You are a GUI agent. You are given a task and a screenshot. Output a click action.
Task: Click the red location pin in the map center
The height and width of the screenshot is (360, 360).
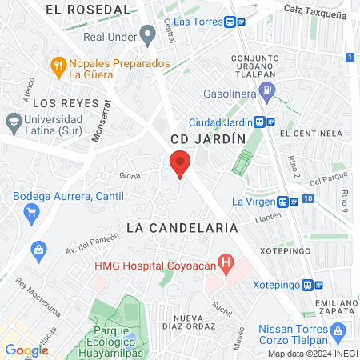click(180, 165)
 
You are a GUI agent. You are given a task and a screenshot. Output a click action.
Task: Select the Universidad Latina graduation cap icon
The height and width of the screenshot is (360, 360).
click(13, 122)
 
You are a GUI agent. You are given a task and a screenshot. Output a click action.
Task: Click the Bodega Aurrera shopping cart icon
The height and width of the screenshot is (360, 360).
click(32, 212)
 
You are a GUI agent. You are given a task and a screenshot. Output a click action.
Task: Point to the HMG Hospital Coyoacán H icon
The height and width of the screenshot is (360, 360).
click(227, 262)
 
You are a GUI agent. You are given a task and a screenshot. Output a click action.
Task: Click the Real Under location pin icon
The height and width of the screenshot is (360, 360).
click(147, 34)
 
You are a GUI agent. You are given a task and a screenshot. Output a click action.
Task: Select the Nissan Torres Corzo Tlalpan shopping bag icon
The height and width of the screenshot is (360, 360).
click(338, 330)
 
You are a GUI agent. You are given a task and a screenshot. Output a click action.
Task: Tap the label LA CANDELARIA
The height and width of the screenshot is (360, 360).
click(182, 228)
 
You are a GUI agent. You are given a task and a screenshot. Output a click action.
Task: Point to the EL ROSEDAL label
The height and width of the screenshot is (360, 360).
click(88, 10)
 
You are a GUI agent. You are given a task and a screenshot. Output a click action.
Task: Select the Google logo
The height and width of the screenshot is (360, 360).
click(26, 350)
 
